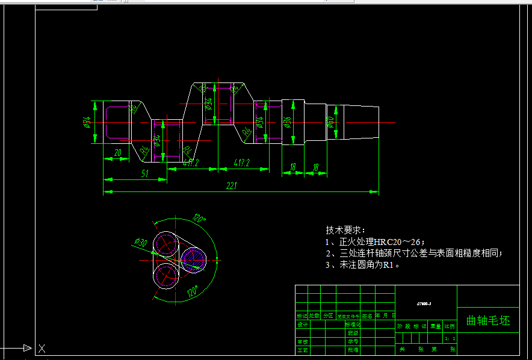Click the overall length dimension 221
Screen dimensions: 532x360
click(230, 186)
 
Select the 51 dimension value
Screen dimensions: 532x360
click(145, 173)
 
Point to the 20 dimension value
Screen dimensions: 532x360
click(117, 153)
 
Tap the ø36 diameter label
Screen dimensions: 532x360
click(287, 122)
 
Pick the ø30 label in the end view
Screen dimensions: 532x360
click(141, 242)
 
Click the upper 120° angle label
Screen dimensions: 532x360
click(198, 219)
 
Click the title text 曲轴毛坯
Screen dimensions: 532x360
click(487, 320)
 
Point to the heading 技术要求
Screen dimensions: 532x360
click(345, 230)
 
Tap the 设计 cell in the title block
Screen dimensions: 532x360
click(302, 324)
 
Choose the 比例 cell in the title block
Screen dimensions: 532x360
click(450, 326)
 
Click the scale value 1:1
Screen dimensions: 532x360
click(450, 340)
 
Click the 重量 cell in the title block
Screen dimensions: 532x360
click(435, 326)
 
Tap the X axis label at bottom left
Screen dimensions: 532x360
click(42, 348)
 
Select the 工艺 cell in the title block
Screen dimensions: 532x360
click(302, 349)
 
